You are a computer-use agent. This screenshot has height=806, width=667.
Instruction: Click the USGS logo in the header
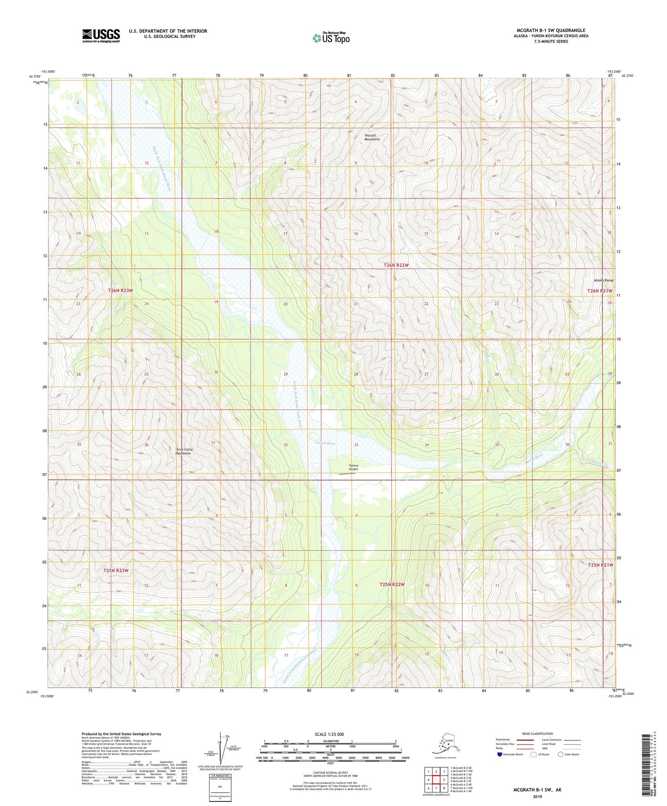(x=101, y=36)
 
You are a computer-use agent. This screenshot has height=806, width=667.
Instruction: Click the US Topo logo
(x=330, y=38)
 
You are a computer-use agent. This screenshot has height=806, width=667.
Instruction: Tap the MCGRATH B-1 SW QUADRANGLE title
(x=551, y=30)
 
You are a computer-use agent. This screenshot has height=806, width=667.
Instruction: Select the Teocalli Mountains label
(x=372, y=137)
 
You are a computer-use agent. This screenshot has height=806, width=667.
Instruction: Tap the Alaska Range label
(x=603, y=280)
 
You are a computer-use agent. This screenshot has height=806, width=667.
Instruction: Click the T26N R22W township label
(x=396, y=265)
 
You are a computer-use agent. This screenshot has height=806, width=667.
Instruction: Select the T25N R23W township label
(x=116, y=571)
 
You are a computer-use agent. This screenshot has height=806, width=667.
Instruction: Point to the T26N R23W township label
(x=120, y=290)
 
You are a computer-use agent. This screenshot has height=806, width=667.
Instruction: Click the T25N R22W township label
(x=392, y=584)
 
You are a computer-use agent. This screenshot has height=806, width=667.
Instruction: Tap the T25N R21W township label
(x=600, y=565)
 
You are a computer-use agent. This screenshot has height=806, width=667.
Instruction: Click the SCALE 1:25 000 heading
(x=329, y=734)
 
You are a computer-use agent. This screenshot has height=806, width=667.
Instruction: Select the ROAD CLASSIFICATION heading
(x=537, y=734)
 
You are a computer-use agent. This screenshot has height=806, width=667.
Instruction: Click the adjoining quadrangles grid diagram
(x=436, y=779)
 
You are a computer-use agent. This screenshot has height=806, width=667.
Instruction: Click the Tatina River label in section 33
(x=326, y=443)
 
